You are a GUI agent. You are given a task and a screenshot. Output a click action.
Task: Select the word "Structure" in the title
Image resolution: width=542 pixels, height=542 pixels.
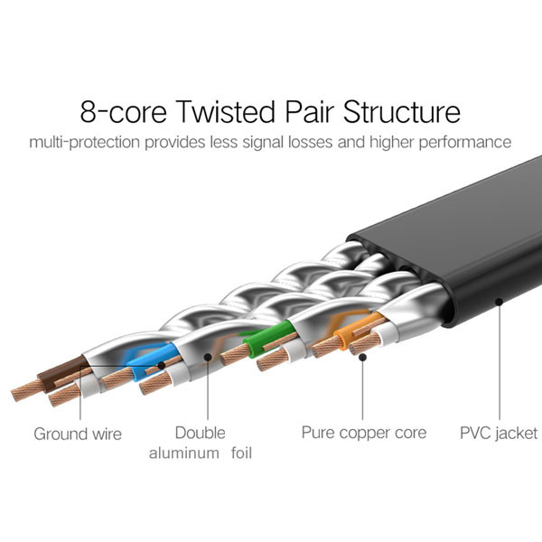click(x=399, y=112)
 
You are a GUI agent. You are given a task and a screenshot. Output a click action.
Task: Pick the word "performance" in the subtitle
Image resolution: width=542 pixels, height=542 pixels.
click(x=465, y=143)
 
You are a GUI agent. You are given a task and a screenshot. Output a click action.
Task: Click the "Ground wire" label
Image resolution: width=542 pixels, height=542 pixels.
click(x=78, y=434)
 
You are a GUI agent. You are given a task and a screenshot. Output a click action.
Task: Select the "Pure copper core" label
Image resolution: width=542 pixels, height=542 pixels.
click(x=363, y=433)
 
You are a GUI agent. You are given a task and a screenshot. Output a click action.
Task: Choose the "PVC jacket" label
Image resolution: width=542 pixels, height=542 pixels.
click(x=497, y=434)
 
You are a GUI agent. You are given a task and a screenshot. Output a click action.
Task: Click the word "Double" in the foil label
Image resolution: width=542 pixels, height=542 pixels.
click(x=201, y=433)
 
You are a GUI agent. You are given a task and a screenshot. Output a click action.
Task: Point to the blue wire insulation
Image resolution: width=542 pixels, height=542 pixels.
click(x=145, y=356)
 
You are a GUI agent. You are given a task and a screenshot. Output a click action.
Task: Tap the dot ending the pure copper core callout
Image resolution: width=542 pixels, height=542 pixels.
click(x=362, y=357)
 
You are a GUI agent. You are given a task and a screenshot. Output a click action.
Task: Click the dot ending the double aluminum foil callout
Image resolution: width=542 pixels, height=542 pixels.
click(x=209, y=357)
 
